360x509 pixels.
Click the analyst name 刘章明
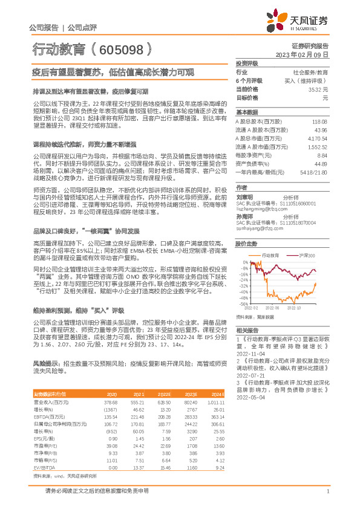244,197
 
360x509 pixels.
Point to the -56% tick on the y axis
243,305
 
